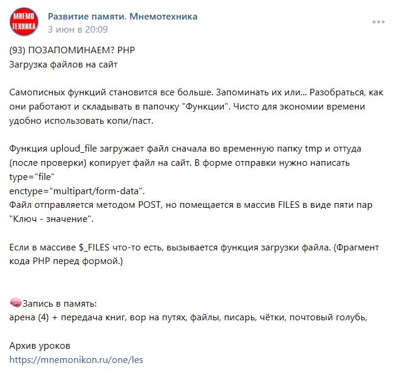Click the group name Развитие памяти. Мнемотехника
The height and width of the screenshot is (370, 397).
pos(122,17)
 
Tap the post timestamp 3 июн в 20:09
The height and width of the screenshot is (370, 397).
pos(78,29)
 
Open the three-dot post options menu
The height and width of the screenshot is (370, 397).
pos(378,22)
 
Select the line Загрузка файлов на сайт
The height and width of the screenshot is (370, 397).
pos(64,64)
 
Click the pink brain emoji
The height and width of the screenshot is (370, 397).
pos(16,304)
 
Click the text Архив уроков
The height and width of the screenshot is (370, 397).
pos(39,345)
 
